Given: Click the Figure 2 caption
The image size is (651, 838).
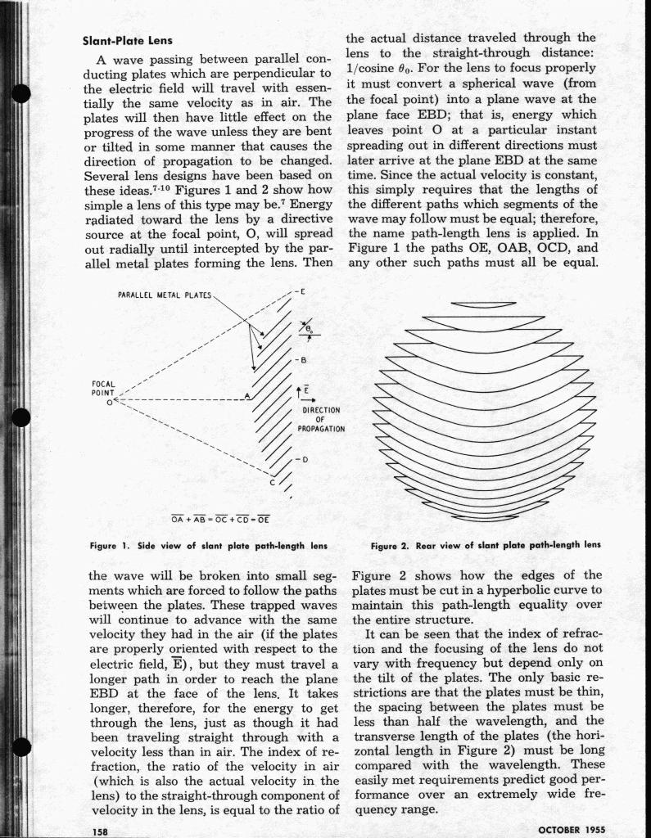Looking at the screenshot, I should point(486,544).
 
